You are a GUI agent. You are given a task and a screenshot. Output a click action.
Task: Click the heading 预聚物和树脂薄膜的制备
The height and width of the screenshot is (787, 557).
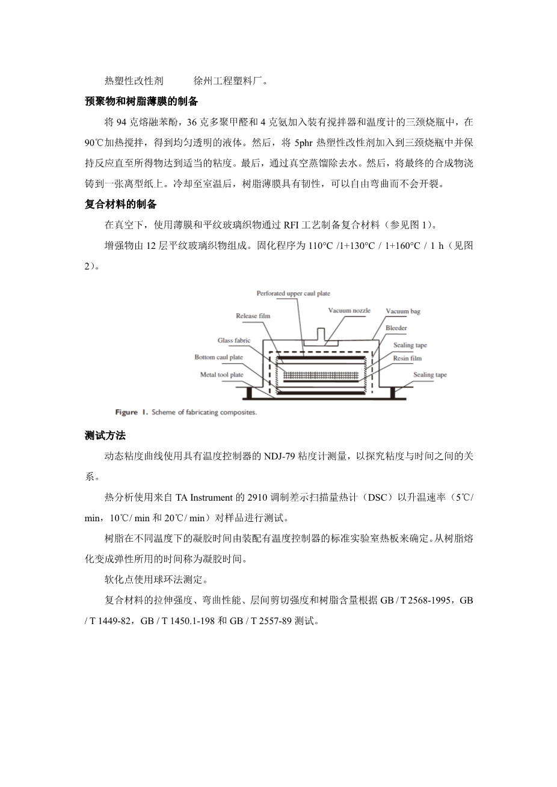(141, 102)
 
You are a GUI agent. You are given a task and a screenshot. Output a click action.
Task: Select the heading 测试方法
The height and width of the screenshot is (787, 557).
(105, 435)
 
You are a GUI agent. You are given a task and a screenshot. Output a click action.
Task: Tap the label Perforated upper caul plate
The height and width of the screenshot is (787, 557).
(293, 294)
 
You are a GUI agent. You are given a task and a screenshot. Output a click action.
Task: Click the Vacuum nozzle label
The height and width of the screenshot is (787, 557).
(349, 311)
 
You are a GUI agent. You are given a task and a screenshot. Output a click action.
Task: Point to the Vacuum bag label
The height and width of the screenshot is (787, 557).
(402, 311)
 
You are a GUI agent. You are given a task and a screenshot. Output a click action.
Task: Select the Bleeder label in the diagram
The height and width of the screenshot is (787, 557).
(396, 328)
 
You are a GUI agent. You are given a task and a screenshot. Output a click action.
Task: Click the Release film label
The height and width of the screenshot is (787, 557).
(253, 316)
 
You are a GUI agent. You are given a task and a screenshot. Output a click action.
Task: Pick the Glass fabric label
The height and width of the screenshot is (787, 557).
(233, 340)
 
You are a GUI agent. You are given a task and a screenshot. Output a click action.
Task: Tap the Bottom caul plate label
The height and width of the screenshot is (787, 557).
(218, 357)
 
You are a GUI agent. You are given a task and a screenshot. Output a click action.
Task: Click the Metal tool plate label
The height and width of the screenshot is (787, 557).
(221, 375)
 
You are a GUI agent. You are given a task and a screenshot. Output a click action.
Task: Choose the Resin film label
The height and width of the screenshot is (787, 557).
(407, 358)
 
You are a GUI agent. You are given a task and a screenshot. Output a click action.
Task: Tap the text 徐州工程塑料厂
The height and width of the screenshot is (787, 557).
(231, 81)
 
